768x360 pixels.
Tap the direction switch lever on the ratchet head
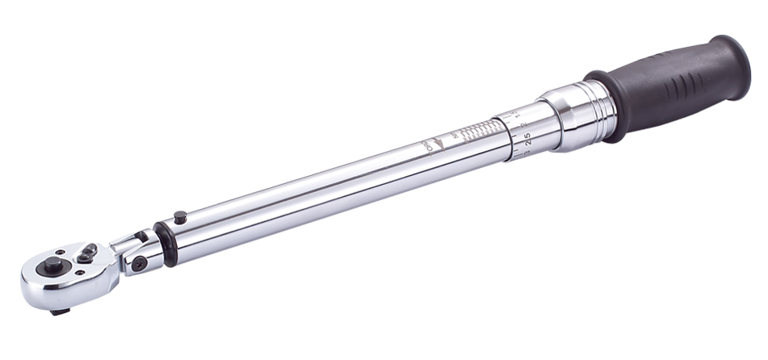86,253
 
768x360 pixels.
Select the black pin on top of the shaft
180,217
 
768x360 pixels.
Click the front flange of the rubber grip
609,106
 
